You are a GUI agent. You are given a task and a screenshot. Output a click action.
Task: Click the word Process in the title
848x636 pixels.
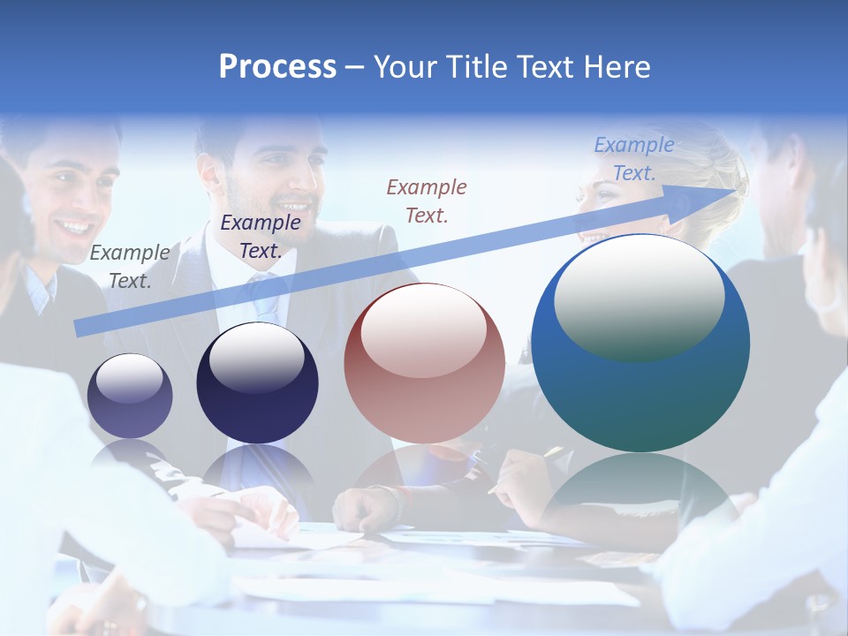(277, 67)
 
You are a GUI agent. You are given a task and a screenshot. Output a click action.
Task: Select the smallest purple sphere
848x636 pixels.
(130, 396)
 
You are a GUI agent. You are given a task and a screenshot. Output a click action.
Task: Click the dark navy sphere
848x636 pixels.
(256, 383)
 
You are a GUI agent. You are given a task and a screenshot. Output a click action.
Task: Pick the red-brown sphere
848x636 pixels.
(424, 364)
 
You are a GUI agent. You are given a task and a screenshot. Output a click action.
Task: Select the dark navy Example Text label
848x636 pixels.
(261, 237)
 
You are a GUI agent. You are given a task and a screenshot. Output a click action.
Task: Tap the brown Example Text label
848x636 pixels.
(427, 201)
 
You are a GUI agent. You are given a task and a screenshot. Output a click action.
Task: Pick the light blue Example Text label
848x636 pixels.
(633, 159)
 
